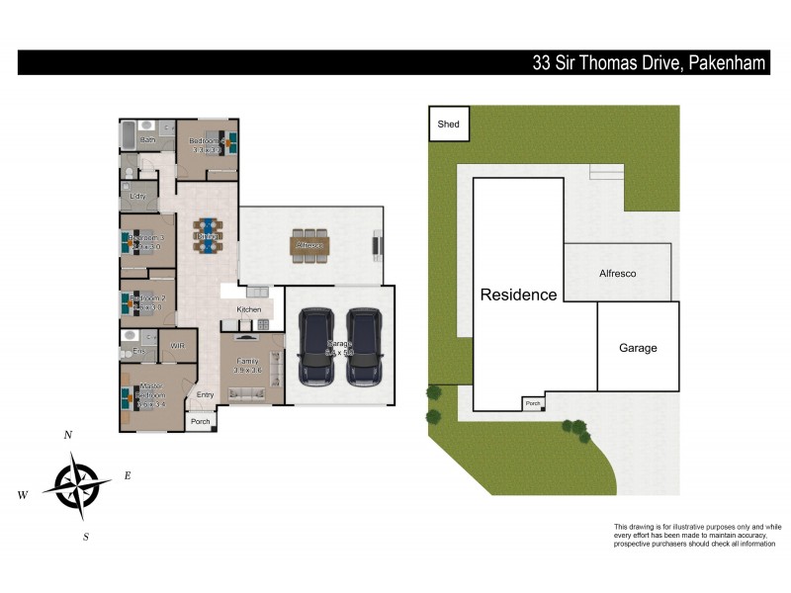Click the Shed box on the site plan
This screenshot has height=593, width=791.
coord(448,126)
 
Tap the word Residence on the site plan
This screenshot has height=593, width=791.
coord(518,295)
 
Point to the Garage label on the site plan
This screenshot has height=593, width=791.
coord(638,348)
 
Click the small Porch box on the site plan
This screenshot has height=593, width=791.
coord(533,403)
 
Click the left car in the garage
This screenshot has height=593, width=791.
coord(317,346)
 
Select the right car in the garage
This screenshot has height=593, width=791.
coord(364,346)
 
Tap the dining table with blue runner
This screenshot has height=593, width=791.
coord(208,235)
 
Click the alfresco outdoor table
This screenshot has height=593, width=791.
coord(309,244)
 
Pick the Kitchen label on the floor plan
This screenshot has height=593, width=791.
coord(248,310)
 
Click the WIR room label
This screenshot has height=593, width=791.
coord(177,346)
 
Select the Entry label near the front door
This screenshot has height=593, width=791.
coord(205,395)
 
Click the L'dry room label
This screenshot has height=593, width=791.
coord(137,197)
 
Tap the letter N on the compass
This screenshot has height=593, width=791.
coord(67,435)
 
